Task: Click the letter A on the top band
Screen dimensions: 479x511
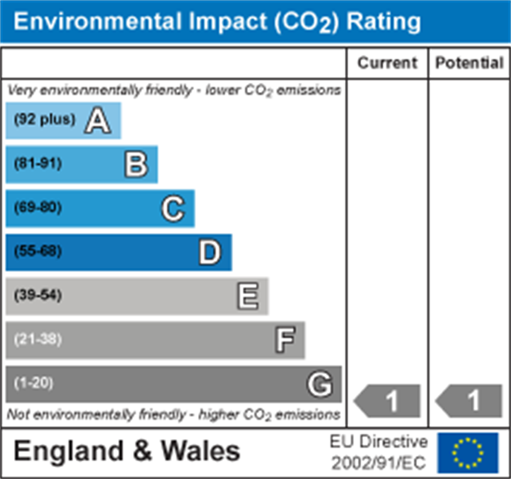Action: [x=98, y=121]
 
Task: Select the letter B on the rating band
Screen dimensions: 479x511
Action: [x=136, y=164]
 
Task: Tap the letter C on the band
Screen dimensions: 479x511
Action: [x=173, y=208]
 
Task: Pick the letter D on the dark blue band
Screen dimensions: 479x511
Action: [x=210, y=252]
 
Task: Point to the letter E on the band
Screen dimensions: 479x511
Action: [x=247, y=296]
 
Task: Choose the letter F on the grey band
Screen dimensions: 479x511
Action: [x=285, y=340]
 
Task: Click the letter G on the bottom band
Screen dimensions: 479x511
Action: [x=320, y=384]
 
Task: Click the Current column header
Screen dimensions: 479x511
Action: [x=387, y=63]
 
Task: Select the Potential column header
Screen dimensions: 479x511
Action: [x=469, y=63]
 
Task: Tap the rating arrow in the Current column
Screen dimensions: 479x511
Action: [x=388, y=402]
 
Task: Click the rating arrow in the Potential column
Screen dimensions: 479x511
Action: [x=469, y=402]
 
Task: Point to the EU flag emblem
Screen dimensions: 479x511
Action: [x=468, y=453]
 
